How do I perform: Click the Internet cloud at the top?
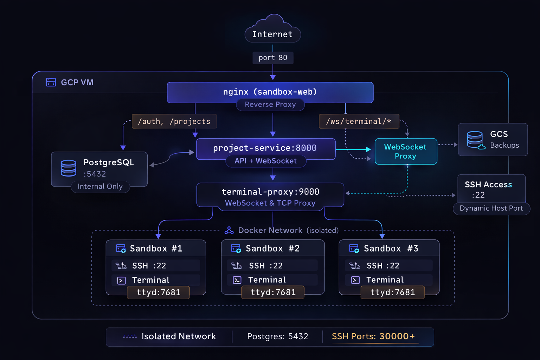point(272,30)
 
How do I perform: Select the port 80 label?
point(273,58)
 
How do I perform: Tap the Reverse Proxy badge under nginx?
point(270,105)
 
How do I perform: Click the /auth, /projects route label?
point(174,121)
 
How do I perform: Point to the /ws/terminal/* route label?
point(359,121)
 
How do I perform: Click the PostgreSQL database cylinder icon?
point(68,168)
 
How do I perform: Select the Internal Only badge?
point(100,187)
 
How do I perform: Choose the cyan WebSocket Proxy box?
point(406,152)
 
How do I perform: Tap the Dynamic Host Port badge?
point(491,208)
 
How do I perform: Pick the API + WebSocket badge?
point(266,161)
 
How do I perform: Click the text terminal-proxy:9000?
point(270,192)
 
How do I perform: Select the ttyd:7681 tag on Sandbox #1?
point(158,292)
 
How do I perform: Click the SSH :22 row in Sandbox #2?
point(272,266)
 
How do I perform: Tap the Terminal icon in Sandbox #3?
point(355,280)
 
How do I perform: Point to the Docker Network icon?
point(229,230)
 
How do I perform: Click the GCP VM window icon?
point(51,82)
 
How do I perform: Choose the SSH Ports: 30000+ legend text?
point(373,336)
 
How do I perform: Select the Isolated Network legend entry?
point(169,336)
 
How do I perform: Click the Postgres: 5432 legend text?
point(277,336)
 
